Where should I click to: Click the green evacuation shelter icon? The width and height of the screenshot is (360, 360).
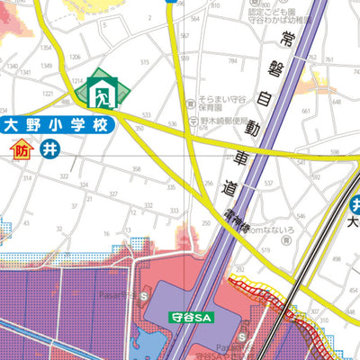point(102,90)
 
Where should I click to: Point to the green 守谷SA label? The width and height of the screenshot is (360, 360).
point(189,317)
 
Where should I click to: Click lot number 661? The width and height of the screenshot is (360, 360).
point(306,112)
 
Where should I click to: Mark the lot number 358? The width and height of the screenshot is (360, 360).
point(137,168)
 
